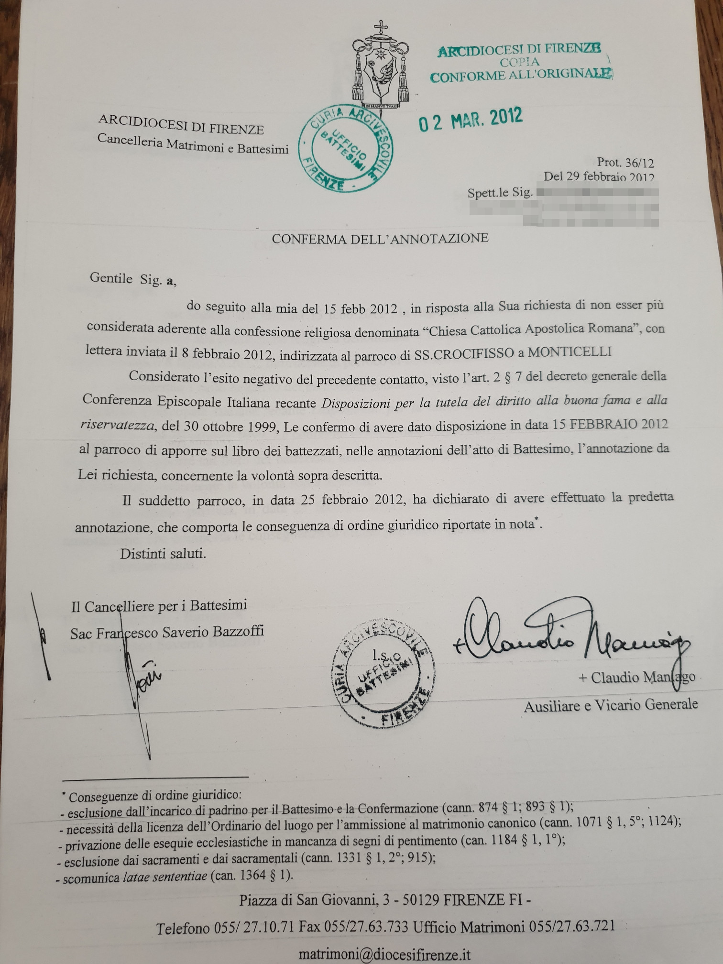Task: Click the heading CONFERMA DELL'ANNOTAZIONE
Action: pyautogui.click(x=380, y=238)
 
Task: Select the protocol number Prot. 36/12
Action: pyautogui.click(x=624, y=164)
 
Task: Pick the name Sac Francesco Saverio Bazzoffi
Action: pyautogui.click(x=167, y=632)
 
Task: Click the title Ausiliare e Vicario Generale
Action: pyautogui.click(x=610, y=705)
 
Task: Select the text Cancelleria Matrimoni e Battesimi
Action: pyautogui.click(x=193, y=144)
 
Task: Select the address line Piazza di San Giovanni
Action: pyautogui.click(x=385, y=900)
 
